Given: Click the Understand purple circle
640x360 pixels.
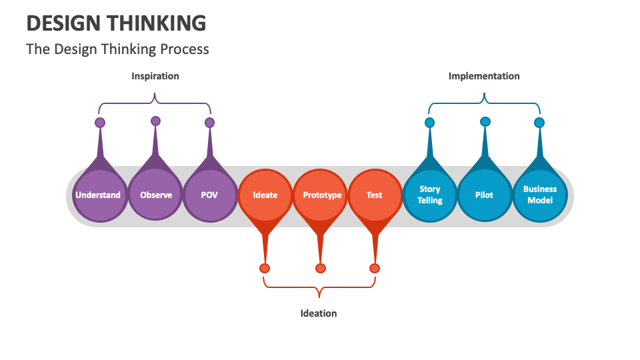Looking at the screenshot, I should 99,195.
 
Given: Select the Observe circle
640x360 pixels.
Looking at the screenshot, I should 155,195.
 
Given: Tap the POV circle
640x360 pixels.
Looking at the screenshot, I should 209,195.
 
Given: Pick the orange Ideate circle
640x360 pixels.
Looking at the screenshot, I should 265,195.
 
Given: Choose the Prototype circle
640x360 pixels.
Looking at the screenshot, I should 321,195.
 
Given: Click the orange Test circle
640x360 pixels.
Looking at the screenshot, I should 375,195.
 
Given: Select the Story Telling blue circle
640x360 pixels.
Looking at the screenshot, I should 430,195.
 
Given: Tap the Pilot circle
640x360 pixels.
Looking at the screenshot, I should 485,195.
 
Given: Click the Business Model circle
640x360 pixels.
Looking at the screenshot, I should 539,195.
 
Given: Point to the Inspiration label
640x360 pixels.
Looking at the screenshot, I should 155,76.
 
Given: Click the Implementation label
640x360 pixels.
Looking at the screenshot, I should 484,76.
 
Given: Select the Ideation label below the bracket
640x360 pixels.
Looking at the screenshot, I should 319,313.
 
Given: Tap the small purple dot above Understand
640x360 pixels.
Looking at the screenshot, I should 100,123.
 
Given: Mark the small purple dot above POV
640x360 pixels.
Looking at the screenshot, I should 210,123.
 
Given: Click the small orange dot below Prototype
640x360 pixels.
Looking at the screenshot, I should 321,268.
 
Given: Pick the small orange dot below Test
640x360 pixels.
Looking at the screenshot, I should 375,268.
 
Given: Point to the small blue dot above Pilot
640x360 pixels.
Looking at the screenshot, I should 485,121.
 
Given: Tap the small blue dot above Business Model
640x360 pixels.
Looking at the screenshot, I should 539,123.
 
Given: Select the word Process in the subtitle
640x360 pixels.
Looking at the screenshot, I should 185,49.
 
